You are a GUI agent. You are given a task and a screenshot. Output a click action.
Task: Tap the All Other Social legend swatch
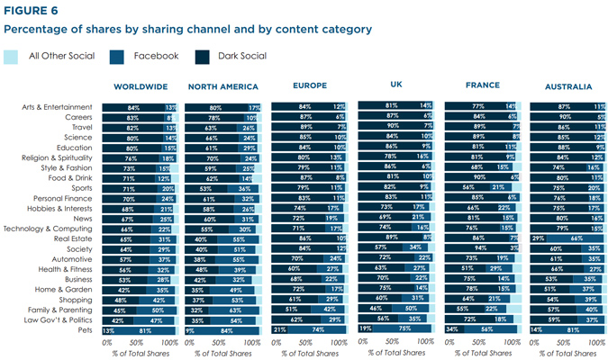(11, 56)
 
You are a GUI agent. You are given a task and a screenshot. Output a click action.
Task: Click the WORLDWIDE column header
(139, 87)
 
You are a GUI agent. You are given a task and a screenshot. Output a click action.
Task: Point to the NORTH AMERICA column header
(222, 87)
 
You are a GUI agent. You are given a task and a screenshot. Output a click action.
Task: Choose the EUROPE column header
(310, 86)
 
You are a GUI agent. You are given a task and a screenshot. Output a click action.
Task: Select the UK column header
(395, 85)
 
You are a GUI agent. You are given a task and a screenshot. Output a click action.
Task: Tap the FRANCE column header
(480, 86)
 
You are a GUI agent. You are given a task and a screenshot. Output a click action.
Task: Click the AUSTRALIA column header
(568, 87)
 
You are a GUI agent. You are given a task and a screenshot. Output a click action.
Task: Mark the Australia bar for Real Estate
(567, 238)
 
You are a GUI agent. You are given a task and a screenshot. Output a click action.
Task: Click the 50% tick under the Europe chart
(310, 343)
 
